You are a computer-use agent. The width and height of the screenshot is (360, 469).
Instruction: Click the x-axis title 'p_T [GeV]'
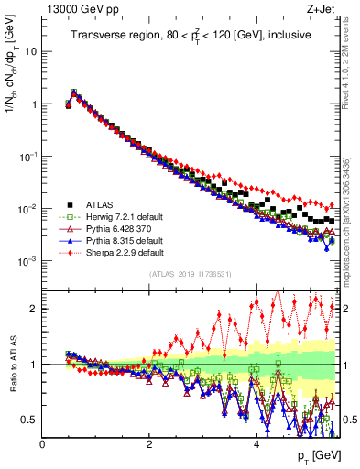click(316, 456)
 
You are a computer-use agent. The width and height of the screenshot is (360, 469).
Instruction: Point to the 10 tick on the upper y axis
click(31, 51)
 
